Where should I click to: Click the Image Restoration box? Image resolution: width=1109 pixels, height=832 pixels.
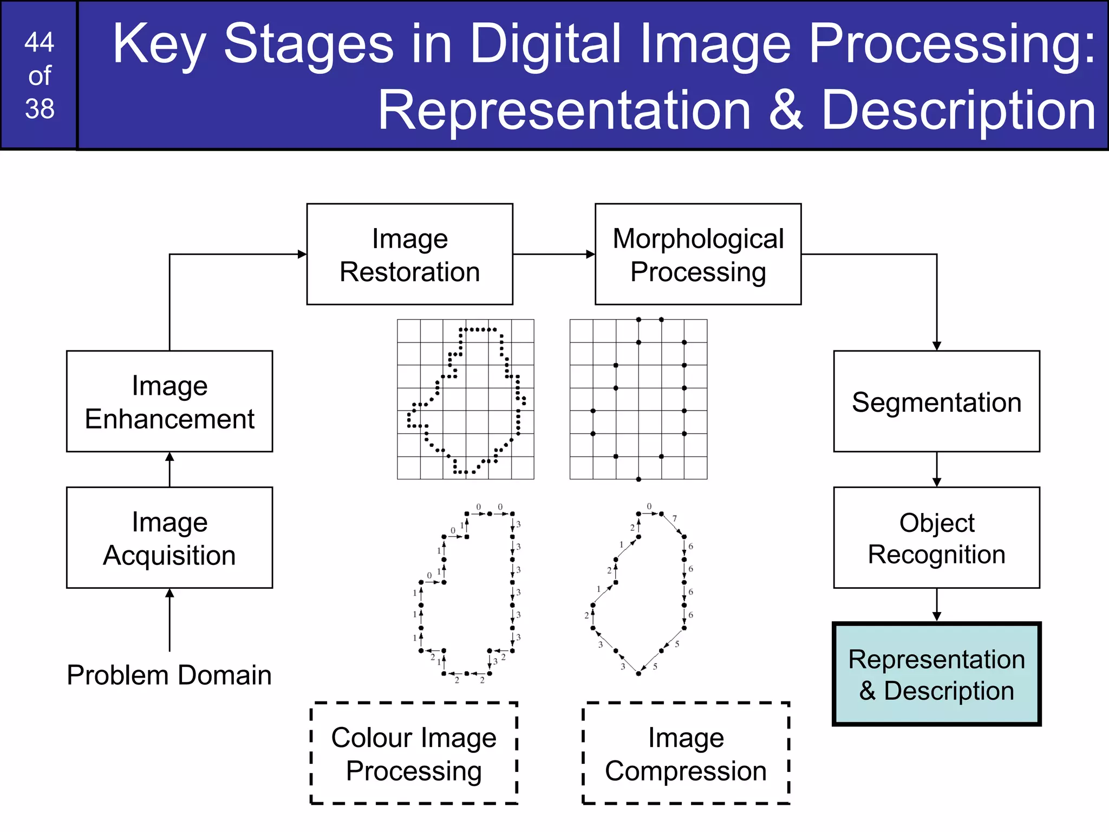[x=409, y=254]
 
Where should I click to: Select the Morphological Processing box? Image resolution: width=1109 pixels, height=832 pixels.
[x=698, y=254]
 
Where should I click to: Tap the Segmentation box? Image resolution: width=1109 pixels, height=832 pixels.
[x=936, y=401]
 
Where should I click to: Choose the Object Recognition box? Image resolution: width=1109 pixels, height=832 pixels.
[x=936, y=538]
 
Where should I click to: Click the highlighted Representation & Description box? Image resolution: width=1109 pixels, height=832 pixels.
[x=936, y=674]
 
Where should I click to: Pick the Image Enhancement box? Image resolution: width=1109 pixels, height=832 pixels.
[x=169, y=401]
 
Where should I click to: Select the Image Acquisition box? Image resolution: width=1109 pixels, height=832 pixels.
[x=169, y=538]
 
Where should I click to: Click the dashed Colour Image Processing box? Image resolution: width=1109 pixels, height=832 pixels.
[x=414, y=753]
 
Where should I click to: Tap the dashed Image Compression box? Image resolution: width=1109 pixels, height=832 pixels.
[x=686, y=753]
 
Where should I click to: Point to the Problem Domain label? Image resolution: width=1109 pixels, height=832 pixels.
[x=169, y=675]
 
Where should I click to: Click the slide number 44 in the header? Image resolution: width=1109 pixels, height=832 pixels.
[x=40, y=42]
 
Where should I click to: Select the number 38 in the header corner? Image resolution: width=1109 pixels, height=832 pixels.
[x=40, y=108]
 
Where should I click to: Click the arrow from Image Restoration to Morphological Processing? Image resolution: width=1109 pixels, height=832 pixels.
[x=553, y=254]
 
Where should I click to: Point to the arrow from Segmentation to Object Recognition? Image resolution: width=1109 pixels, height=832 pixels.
[x=937, y=469]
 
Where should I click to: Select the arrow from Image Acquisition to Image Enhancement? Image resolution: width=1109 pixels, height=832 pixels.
[x=169, y=469]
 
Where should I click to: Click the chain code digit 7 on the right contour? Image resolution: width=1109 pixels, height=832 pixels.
[x=675, y=518]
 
